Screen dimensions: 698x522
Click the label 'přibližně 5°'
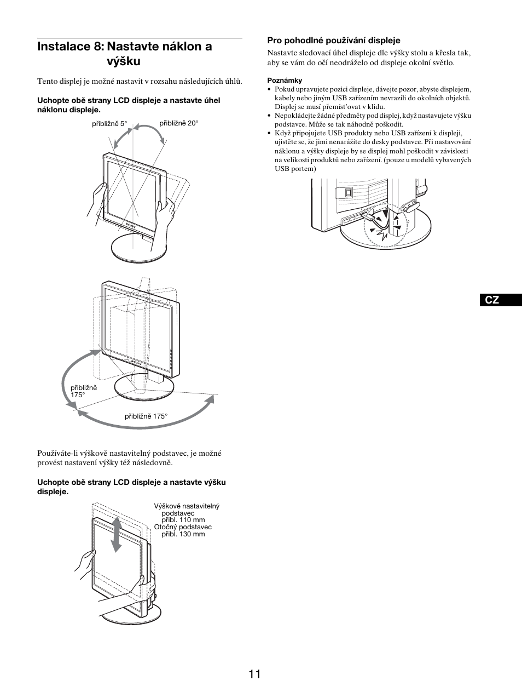(x=109, y=124)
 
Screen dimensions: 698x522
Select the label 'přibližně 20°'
(x=179, y=123)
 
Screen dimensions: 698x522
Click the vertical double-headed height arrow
(x=116, y=535)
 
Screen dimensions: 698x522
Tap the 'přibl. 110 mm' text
(x=183, y=520)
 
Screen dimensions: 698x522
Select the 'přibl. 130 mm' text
(x=183, y=534)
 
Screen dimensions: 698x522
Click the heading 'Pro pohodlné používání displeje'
(x=333, y=41)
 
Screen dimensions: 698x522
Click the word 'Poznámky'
(x=281, y=81)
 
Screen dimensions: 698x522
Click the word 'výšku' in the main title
(x=124, y=62)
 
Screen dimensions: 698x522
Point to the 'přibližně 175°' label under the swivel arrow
(x=146, y=416)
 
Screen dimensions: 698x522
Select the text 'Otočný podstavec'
(x=183, y=527)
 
